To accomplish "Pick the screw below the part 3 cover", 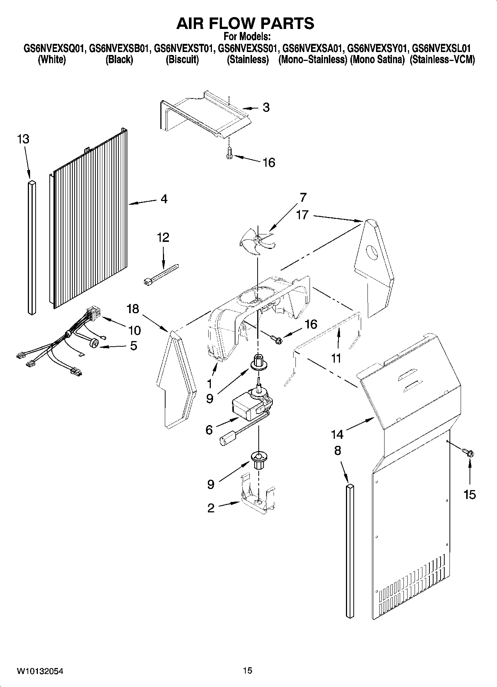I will click(x=229, y=153).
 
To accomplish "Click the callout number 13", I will click(x=23, y=139).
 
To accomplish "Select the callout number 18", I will click(x=133, y=308).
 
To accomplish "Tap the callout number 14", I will click(x=337, y=434).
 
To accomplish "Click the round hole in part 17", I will click(x=372, y=253).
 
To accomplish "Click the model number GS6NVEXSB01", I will click(x=120, y=49).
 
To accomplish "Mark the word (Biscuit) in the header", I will click(x=182, y=60).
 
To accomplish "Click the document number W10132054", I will click(x=40, y=671).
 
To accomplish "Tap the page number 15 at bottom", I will click(x=248, y=670).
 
